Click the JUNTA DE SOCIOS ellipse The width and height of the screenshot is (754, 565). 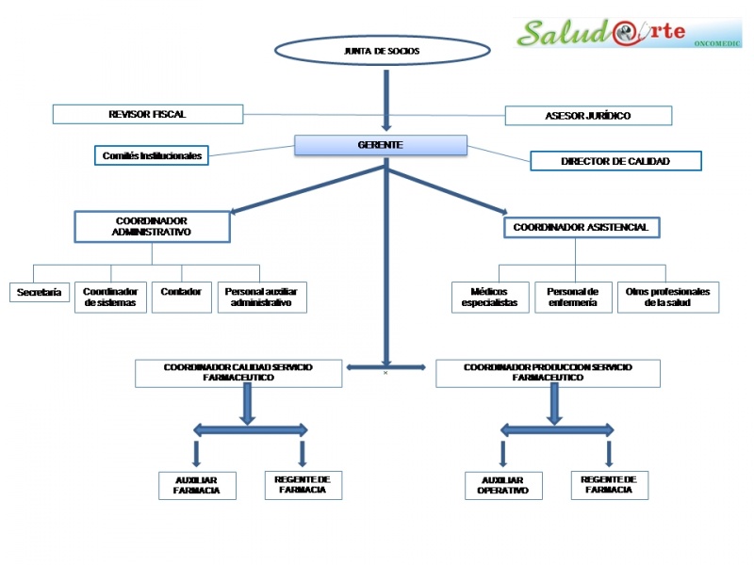[x=383, y=51]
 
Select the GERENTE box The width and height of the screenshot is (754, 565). [x=381, y=145]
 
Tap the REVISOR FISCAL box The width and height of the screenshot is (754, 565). [x=148, y=114]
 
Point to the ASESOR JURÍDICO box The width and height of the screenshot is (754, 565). [x=588, y=116]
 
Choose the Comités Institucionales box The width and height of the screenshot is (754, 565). [x=152, y=155]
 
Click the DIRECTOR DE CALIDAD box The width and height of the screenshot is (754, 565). [x=615, y=161]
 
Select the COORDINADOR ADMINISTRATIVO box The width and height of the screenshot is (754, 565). [x=152, y=226]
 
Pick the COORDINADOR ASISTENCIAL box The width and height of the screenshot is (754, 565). [x=582, y=227]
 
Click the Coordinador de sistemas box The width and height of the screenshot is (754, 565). [x=110, y=298]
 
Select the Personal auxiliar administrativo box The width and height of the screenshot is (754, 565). [x=262, y=298]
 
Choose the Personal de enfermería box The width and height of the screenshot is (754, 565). [x=572, y=298]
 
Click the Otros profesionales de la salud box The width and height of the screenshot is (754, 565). [x=667, y=298]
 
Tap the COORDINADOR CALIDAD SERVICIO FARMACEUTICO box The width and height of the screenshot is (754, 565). [x=238, y=373]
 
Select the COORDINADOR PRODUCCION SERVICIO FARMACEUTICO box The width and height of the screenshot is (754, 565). [x=548, y=373]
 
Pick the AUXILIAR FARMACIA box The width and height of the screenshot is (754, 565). [x=197, y=485]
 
